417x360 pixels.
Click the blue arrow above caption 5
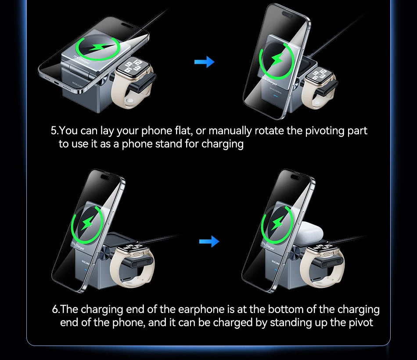pos(204,62)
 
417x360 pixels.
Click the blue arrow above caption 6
pos(209,241)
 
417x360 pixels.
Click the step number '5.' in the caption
pos(54,131)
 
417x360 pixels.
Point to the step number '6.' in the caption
pos(56,309)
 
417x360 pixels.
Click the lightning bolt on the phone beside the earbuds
pos(277,223)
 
